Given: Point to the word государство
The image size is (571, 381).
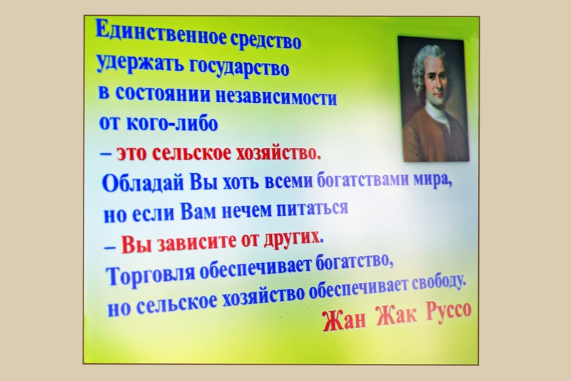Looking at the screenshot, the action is click(239, 69).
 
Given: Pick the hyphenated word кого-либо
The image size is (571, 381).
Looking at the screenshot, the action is click(171, 123).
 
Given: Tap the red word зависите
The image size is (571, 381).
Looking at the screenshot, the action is click(198, 244).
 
